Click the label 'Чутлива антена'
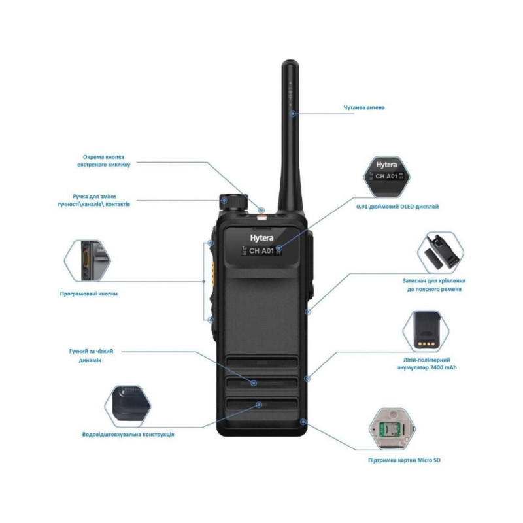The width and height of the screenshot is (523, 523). point(364,107)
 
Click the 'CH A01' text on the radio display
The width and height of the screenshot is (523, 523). point(261,250)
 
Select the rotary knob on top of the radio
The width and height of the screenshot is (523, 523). point(233,200)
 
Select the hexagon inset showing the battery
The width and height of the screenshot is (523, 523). point(426,331)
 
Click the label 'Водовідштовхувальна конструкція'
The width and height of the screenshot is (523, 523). point(127,434)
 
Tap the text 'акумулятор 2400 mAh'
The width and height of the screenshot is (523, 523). point(430,368)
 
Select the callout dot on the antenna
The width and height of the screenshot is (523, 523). point(295,113)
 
